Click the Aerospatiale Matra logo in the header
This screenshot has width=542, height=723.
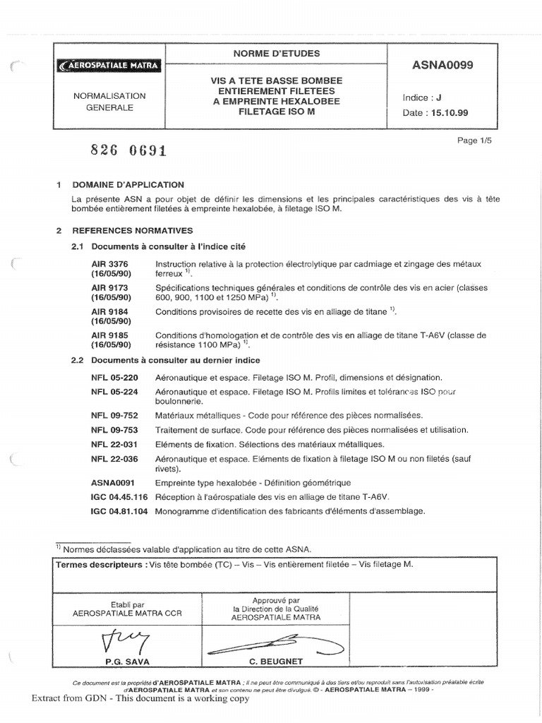[x=109, y=66]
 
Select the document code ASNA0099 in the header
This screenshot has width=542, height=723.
[x=442, y=66]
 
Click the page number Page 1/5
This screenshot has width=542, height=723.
[x=474, y=141]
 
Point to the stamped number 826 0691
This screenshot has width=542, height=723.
[x=128, y=150]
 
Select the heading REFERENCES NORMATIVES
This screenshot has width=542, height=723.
[x=132, y=230]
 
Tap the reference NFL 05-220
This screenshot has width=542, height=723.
[x=109, y=378]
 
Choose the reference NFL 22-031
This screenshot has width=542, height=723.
[x=109, y=444]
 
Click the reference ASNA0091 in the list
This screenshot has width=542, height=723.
[x=111, y=482]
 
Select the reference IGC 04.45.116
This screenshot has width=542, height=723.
[x=119, y=497]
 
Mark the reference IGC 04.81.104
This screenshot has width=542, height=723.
[x=119, y=511]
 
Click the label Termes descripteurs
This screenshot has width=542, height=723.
[x=97, y=565]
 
